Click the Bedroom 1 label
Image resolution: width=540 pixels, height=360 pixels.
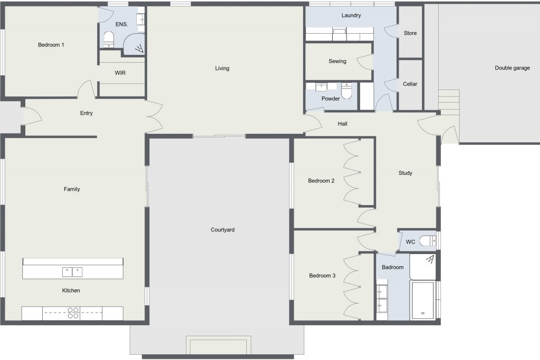51,45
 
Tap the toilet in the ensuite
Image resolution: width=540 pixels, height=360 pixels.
109,39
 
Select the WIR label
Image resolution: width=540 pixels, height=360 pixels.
120,73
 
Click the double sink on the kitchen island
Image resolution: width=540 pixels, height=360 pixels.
72,272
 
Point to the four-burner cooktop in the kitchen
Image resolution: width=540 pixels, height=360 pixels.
73,313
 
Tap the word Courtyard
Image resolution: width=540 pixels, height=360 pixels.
223,230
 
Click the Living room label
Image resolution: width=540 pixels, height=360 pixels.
222,68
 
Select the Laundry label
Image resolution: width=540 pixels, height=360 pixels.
351,15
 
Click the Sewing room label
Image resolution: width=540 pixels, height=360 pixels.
337,61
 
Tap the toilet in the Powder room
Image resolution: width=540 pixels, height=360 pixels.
346,91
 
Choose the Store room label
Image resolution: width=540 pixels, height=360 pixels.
410,33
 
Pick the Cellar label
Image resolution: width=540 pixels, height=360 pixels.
410,84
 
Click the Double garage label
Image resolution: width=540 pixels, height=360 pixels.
513,68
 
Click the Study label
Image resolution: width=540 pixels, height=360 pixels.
406,173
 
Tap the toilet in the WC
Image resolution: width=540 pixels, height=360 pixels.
427,240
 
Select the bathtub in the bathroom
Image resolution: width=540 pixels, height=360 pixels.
422,300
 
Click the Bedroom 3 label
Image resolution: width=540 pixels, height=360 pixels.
322,276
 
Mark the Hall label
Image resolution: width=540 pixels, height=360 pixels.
342,124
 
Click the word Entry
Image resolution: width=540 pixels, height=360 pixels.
86,113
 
